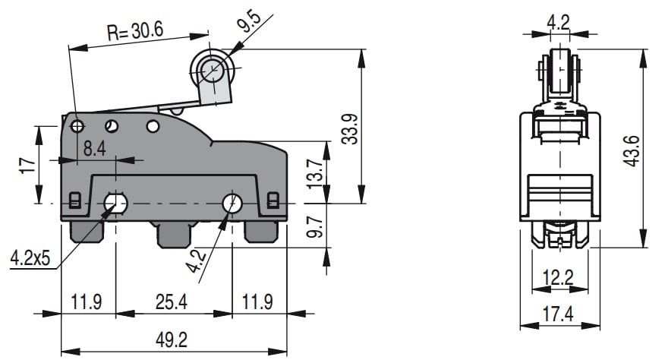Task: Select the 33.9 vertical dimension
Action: pos(350,129)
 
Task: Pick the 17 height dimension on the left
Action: pos(27,165)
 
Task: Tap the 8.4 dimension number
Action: pos(94,149)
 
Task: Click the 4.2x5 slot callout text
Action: pos(30,257)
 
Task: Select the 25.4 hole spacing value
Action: pos(171,302)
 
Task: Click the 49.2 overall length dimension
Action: pos(172,340)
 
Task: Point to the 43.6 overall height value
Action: pos(631,150)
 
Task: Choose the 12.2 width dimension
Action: pos(558,277)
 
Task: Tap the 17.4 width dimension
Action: pos(558,314)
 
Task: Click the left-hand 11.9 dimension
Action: pos(86,302)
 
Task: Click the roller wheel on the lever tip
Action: pos(212,69)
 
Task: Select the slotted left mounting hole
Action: pos(116,204)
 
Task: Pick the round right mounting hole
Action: pos(232,204)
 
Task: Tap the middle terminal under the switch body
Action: pos(175,235)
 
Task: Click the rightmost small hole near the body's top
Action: pos(153,126)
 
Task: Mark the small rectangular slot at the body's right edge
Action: pos(273,200)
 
